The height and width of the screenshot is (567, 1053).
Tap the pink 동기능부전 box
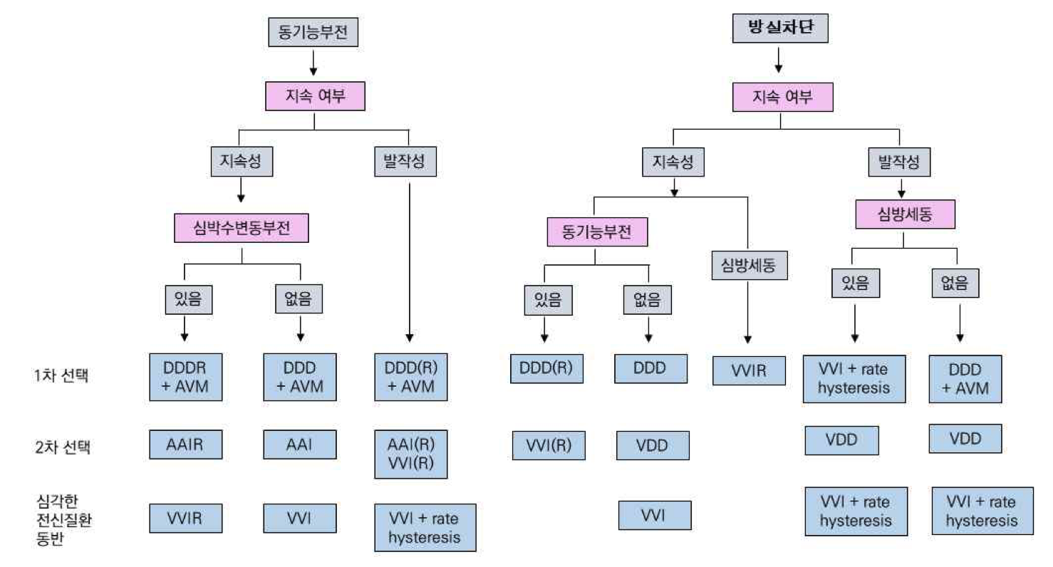(x=597, y=232)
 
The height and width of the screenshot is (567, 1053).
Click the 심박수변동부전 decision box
(x=242, y=229)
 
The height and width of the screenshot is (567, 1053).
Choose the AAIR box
(x=185, y=444)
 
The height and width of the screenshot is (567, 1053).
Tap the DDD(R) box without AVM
(x=546, y=368)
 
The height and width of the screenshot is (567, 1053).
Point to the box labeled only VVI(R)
(x=548, y=446)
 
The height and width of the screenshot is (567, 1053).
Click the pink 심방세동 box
(x=904, y=214)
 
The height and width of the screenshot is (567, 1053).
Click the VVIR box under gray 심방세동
(x=748, y=370)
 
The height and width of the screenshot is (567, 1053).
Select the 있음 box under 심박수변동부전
(x=185, y=299)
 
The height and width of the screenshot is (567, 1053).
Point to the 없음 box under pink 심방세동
(x=955, y=284)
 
